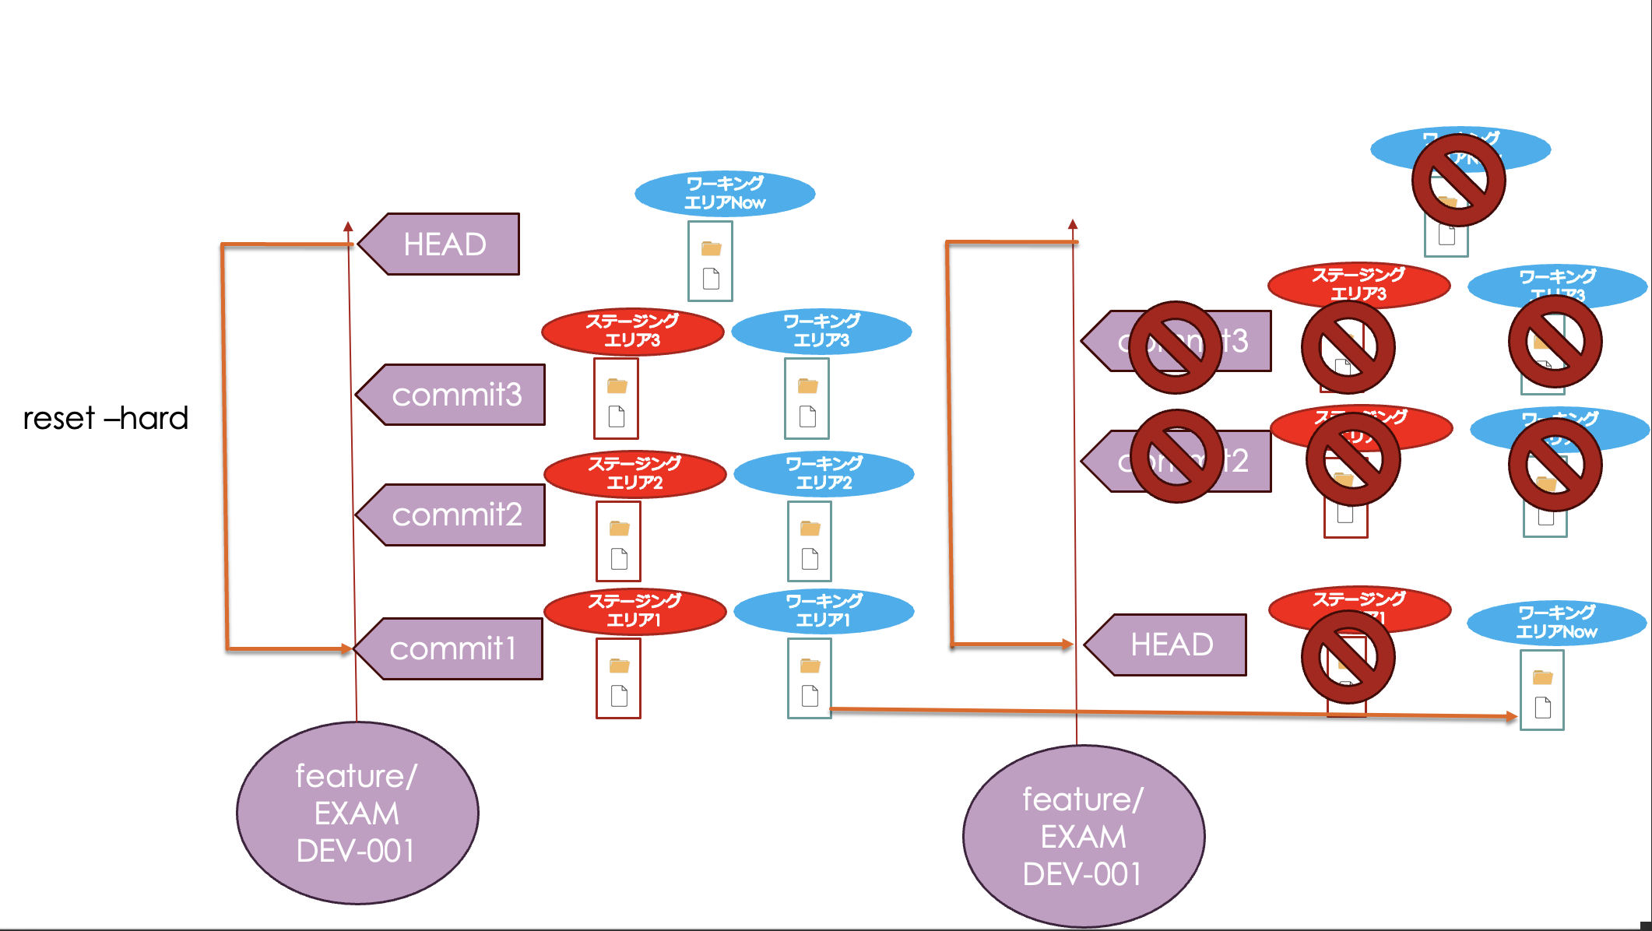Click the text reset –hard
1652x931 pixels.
pyautogui.click(x=106, y=418)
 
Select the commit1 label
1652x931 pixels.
pyautogui.click(x=452, y=648)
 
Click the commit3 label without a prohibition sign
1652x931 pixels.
pyautogui.click(x=455, y=395)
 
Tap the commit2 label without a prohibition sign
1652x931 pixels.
pyautogui.click(x=455, y=515)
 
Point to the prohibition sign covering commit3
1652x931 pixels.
pyautogui.click(x=1176, y=347)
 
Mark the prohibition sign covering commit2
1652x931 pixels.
pyautogui.click(x=1176, y=456)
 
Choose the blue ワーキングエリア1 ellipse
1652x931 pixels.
pyautogui.click(x=824, y=610)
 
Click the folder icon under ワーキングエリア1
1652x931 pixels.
pyautogui.click(x=810, y=666)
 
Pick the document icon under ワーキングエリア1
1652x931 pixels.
pyautogui.click(x=810, y=696)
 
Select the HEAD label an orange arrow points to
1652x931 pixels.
pyautogui.click(x=1171, y=645)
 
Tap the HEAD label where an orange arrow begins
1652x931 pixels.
pyautogui.click(x=444, y=244)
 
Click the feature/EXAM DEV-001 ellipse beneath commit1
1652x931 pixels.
pyautogui.click(x=357, y=813)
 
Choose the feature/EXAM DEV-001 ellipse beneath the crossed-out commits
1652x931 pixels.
pyautogui.click(x=1083, y=837)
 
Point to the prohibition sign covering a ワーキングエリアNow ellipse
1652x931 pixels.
pyautogui.click(x=1458, y=180)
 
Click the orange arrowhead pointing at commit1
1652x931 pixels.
pyautogui.click(x=346, y=648)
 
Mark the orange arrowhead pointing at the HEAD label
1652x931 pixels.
pyautogui.click(x=1067, y=644)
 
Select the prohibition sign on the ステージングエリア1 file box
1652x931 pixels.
pyautogui.click(x=1348, y=657)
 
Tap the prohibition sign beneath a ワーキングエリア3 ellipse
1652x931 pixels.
pyautogui.click(x=1555, y=342)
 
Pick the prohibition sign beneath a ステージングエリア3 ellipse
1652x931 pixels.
pyautogui.click(x=1348, y=347)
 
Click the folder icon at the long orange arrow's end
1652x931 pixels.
pyautogui.click(x=1542, y=677)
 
